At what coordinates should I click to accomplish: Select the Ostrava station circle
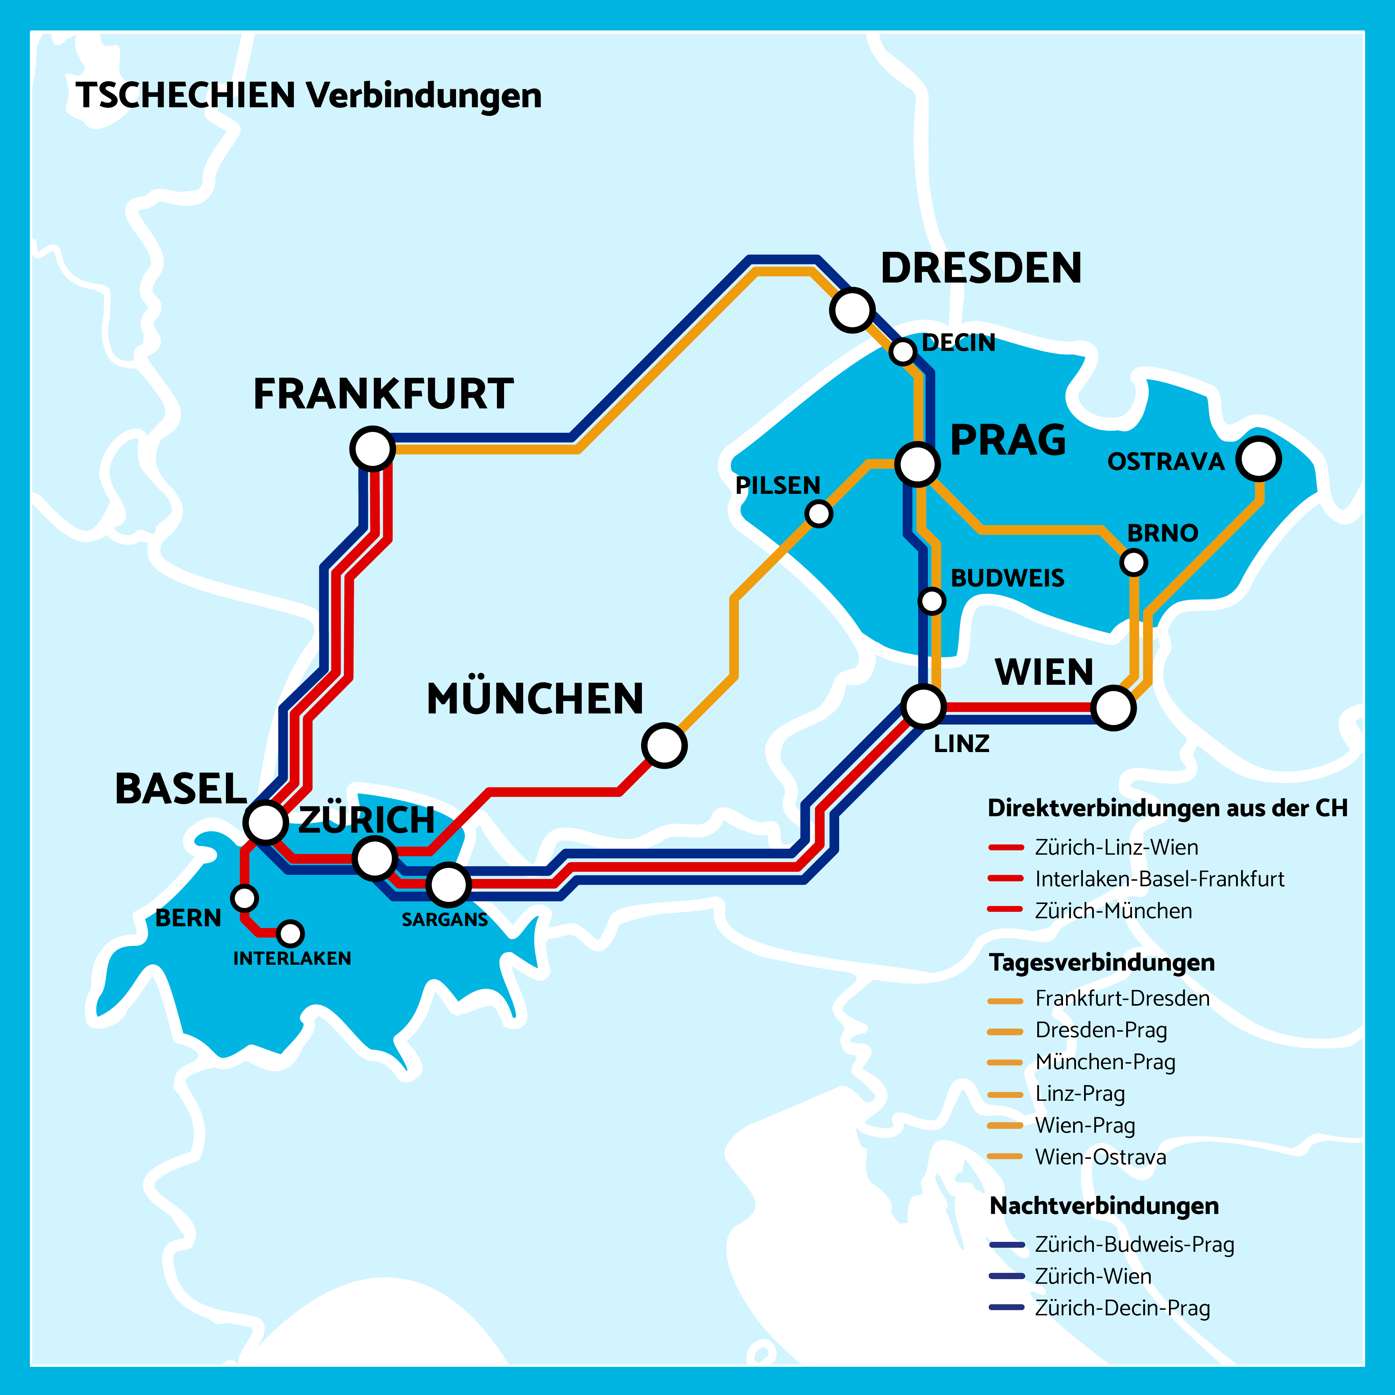click(x=1259, y=458)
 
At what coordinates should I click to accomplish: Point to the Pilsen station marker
click(x=819, y=513)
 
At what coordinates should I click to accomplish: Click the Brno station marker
click(x=1134, y=562)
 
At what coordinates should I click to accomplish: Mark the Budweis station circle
click(x=932, y=600)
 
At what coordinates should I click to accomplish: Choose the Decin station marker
click(x=902, y=352)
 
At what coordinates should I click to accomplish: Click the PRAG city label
click(x=1008, y=441)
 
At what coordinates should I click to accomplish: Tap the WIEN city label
click(x=1044, y=672)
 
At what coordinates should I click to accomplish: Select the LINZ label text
click(x=961, y=744)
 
